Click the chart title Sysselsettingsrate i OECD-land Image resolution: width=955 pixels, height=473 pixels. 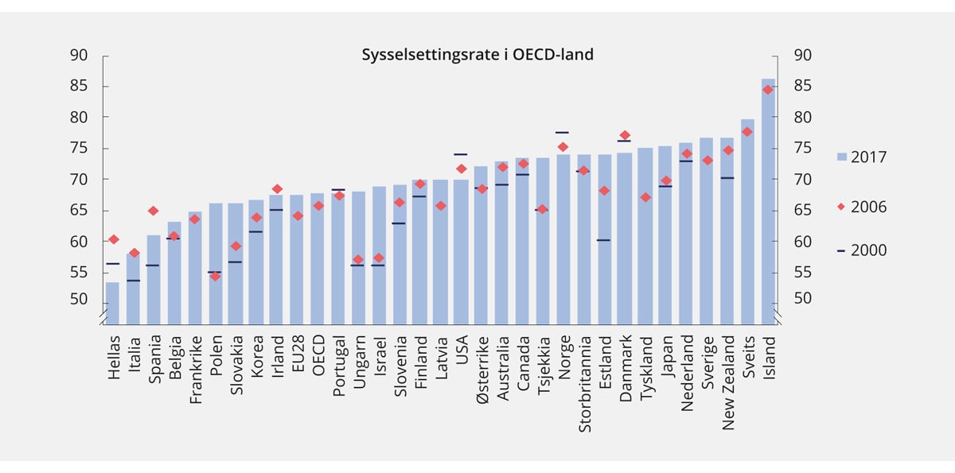click(477, 55)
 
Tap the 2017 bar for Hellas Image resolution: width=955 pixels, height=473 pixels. click(113, 303)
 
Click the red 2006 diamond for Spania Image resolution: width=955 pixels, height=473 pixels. click(154, 211)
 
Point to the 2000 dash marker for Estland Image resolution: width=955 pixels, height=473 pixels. click(603, 240)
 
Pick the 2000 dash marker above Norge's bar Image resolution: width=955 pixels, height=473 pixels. click(562, 132)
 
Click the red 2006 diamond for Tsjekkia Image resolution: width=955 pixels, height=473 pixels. click(542, 209)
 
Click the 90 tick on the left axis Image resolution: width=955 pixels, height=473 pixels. click(78, 55)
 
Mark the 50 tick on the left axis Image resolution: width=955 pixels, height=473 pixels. click(78, 298)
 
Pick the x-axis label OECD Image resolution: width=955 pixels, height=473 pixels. click(318, 352)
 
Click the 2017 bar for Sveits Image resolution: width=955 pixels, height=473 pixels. click(747, 221)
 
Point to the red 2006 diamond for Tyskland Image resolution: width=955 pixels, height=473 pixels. click(645, 197)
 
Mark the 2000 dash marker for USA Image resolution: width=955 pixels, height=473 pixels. click(460, 154)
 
